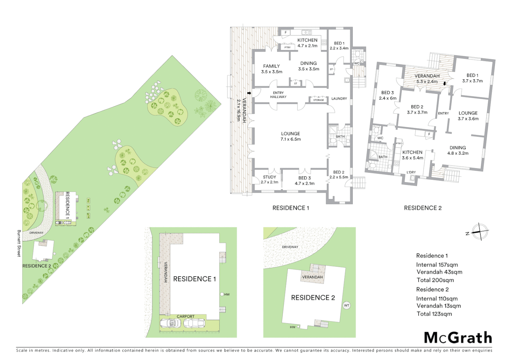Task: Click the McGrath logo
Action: pos(458,338)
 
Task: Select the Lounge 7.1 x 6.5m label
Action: pos(290,136)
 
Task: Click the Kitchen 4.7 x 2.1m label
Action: pos(307,43)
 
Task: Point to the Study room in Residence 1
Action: pos(269,180)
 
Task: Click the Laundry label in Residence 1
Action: pos(339,99)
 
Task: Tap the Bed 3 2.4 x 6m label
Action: pos(387,95)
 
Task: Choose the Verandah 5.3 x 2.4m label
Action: pos(427,79)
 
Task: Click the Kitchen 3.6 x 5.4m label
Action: pos(412,155)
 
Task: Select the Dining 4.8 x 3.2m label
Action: pos(458,150)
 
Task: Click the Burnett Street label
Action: pos(19,243)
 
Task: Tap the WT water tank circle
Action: pos(346,305)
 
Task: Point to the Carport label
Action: pos(186,316)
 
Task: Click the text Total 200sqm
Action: pos(435,280)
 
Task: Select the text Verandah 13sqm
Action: pos(438,306)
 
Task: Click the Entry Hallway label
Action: pos(278,95)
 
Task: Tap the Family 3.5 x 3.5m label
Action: pos(271,69)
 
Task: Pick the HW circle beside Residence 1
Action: pos(222,294)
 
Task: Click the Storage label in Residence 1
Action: pos(318,100)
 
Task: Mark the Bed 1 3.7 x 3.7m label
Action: pos(472,78)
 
